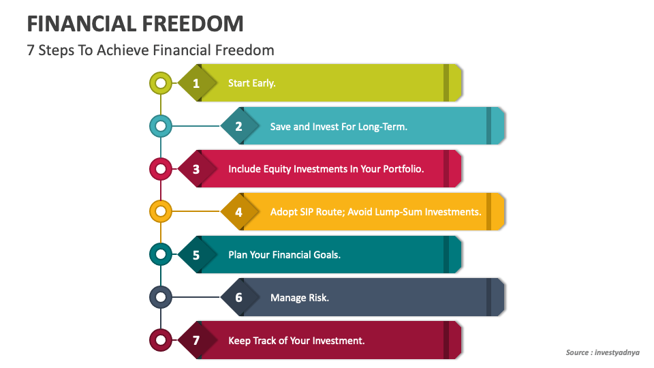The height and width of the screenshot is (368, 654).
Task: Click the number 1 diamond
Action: (x=196, y=84)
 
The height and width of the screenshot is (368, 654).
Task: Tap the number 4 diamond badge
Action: (x=238, y=212)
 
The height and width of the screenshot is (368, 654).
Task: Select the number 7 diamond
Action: (x=196, y=340)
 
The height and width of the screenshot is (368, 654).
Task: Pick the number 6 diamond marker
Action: (x=238, y=298)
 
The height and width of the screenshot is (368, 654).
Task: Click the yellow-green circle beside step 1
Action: (x=160, y=84)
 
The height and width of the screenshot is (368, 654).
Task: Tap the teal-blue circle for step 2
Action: (x=160, y=126)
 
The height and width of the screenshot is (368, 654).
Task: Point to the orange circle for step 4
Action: (x=160, y=212)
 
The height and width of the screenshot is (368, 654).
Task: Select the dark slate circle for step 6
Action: (x=160, y=298)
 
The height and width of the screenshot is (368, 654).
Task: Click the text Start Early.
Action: (x=251, y=84)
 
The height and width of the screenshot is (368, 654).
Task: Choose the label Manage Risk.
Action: (x=299, y=298)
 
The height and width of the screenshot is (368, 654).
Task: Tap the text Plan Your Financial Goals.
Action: (x=284, y=255)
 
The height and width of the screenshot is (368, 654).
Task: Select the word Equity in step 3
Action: (x=277, y=169)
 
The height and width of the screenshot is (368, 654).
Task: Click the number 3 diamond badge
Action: (x=196, y=169)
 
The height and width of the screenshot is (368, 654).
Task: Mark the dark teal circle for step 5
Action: (x=160, y=255)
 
